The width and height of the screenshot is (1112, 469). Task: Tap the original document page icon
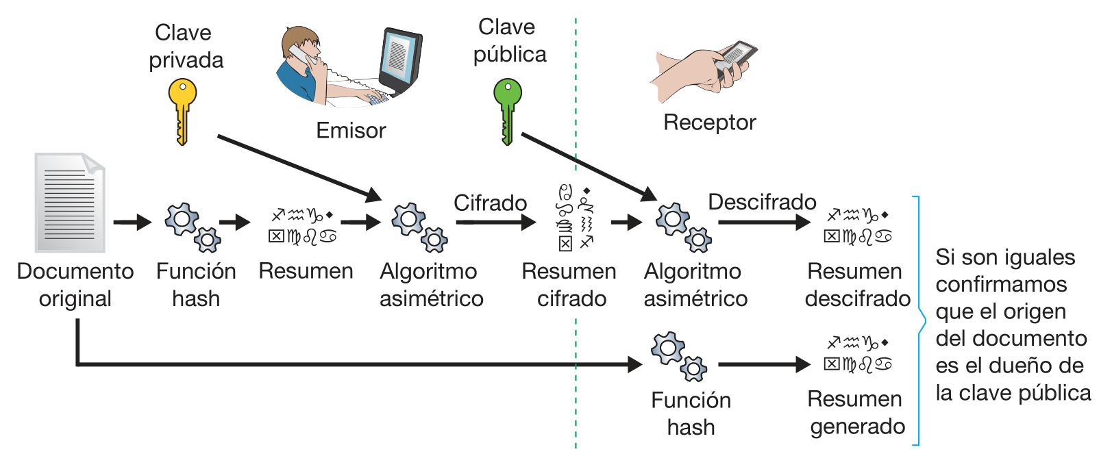(x=70, y=202)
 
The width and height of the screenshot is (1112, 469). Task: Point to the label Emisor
(x=351, y=130)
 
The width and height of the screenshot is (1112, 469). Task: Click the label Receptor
(x=709, y=122)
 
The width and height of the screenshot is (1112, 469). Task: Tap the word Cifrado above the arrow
(x=490, y=203)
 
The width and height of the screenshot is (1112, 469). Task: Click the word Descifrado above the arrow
(x=762, y=202)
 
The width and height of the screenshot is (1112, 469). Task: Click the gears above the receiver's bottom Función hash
(x=679, y=357)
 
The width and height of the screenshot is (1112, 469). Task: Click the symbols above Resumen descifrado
(x=857, y=226)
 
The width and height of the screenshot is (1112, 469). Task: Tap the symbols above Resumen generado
(x=857, y=353)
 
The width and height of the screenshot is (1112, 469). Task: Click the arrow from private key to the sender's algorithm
(x=299, y=168)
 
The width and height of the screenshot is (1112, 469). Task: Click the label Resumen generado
(x=856, y=412)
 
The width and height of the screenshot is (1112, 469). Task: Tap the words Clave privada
(x=186, y=46)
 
